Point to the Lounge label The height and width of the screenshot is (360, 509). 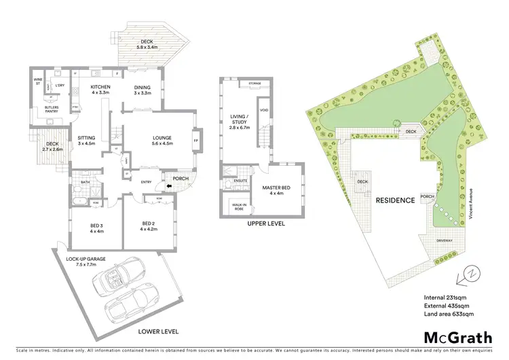tap(162, 141)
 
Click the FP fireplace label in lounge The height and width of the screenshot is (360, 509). tap(197, 141)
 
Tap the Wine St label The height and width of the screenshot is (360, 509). tap(38, 82)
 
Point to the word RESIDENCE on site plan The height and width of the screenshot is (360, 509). tap(395, 200)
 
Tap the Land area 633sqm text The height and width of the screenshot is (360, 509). tap(448, 314)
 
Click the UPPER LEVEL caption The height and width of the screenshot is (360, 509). tap(266, 223)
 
